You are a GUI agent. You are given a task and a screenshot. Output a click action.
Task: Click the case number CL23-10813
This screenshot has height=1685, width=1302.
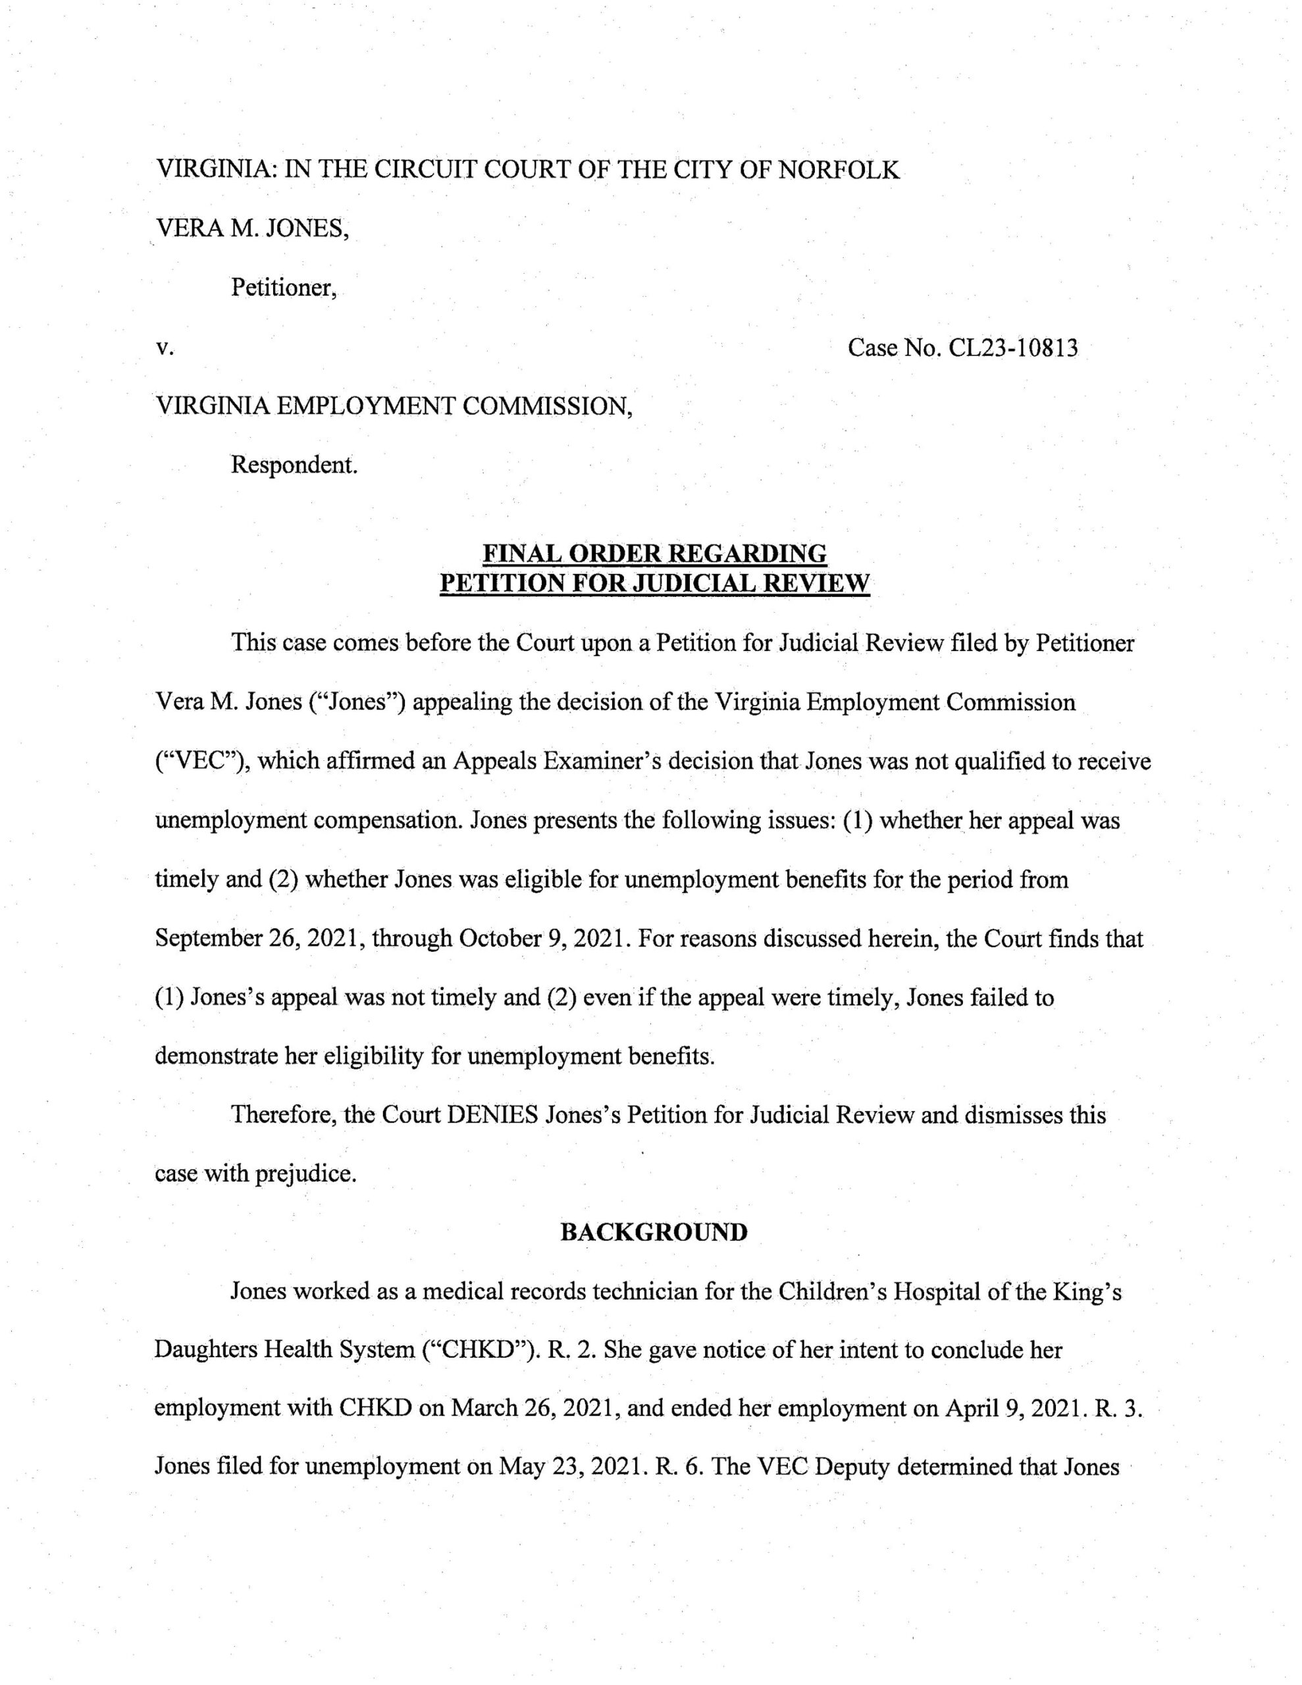[x=1012, y=349]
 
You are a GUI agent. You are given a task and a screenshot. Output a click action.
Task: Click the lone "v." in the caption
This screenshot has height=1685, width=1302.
[x=163, y=349]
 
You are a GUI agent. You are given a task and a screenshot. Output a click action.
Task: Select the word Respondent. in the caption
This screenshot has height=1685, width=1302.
[x=295, y=466]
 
